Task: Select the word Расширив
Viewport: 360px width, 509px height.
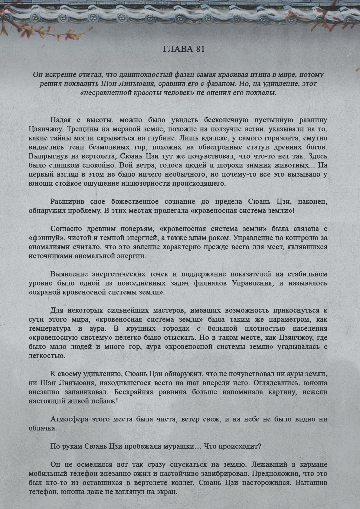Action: pyautogui.click(x=66, y=202)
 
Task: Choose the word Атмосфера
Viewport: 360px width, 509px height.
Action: pyautogui.click(x=70, y=419)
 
